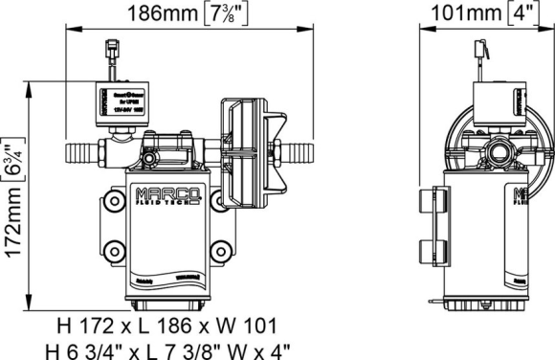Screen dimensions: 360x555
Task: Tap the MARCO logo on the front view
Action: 172,181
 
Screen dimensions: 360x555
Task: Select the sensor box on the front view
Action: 115,99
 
